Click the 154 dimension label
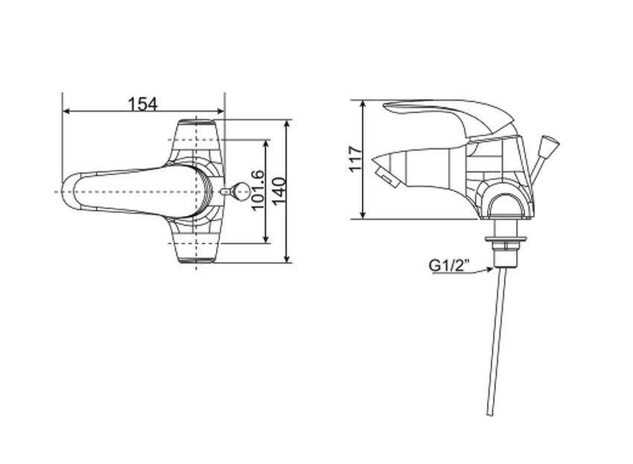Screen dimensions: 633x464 coord(142,104)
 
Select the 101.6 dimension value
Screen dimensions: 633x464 coord(258,190)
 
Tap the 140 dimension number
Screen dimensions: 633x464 coord(279,191)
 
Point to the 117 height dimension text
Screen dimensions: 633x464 coord(356,159)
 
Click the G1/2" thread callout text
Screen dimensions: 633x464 coord(449,265)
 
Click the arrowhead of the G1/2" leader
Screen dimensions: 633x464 coord(489,270)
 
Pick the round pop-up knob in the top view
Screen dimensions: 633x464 coord(239,191)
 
